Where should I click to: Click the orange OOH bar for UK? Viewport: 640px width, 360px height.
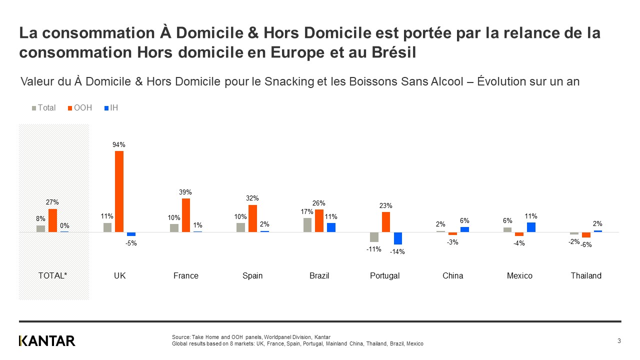point(119,191)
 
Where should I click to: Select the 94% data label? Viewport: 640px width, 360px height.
point(119,145)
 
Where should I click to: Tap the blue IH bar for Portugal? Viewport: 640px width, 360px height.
point(398,238)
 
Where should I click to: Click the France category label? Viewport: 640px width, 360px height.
point(186,276)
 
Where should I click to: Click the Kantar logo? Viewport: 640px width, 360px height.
point(47,341)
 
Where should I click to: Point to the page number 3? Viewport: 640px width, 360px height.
point(619,341)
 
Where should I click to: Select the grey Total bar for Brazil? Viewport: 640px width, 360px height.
point(307,225)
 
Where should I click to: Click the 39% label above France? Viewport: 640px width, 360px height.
point(186,192)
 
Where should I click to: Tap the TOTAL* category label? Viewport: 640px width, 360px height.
point(52,276)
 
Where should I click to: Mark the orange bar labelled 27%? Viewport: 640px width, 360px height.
point(52,220)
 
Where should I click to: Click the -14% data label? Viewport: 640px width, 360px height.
point(397,252)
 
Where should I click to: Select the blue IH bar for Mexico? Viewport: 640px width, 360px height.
point(531,227)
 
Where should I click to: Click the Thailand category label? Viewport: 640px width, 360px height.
point(586,276)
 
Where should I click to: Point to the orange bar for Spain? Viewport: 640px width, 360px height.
point(252,218)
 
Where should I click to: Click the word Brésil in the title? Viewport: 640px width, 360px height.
point(395,52)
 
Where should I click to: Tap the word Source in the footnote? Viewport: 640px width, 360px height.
point(181,337)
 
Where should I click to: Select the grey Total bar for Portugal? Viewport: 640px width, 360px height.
point(374,237)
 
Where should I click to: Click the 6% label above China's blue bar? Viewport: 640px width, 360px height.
point(464,220)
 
